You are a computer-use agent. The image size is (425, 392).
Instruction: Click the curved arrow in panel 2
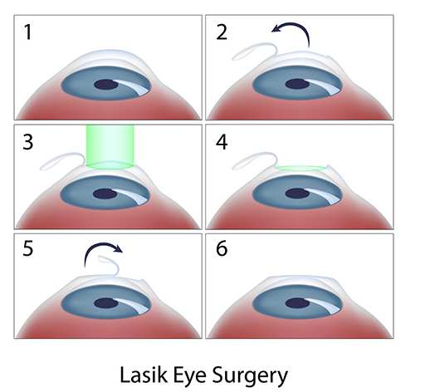coord(292,37)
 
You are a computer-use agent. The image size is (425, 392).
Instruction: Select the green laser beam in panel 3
coord(110,148)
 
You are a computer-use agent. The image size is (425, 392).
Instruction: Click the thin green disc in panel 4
coord(300,169)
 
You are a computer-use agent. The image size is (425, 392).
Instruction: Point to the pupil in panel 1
coord(105,85)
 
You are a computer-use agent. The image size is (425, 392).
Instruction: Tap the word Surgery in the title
coord(252,374)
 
